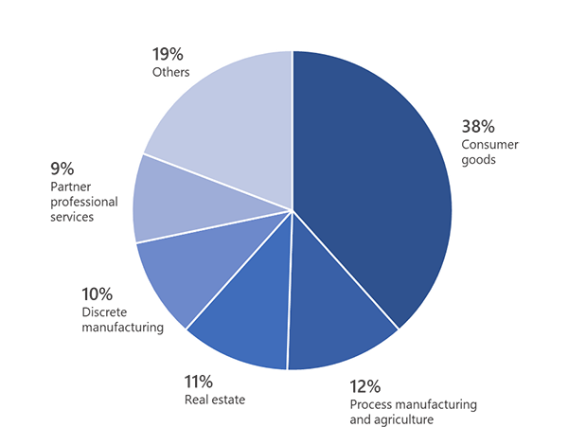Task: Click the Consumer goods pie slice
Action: (374, 180)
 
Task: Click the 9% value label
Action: (62, 169)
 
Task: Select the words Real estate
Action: (215, 400)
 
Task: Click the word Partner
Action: (72, 187)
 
